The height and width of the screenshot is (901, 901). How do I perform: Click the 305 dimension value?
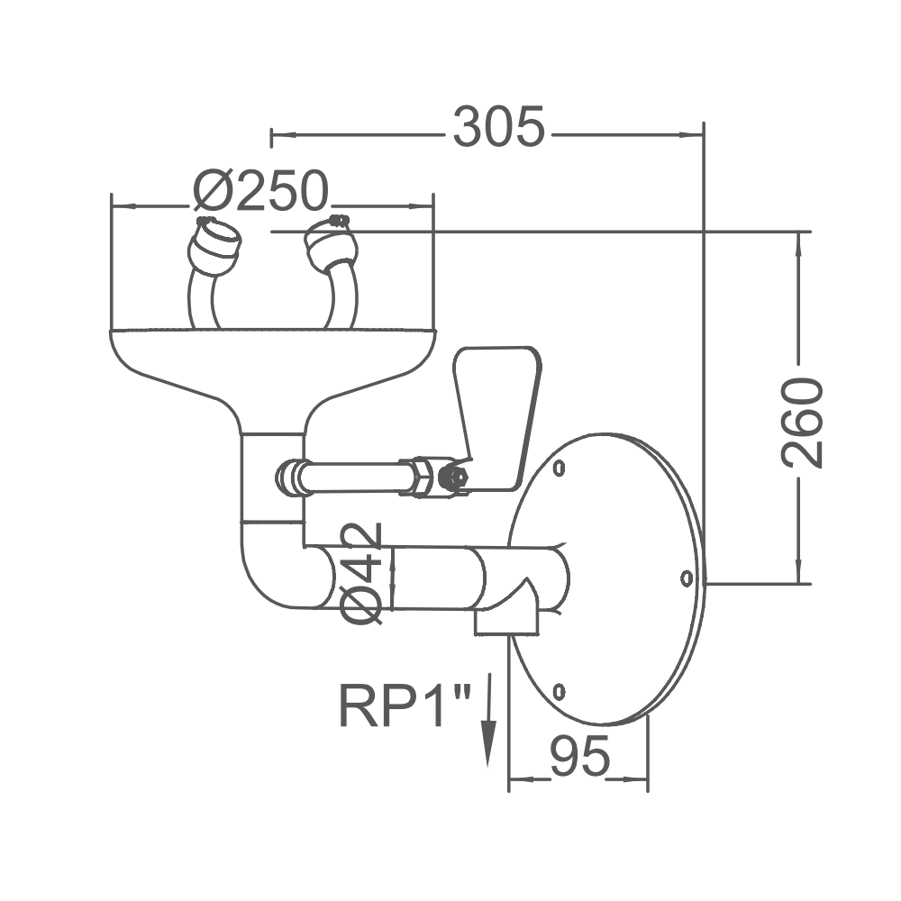coord(499,127)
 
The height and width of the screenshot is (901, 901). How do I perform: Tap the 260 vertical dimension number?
coord(803,423)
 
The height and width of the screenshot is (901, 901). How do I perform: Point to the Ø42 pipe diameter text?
coord(362,573)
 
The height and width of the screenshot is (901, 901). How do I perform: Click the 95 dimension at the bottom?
coord(578,757)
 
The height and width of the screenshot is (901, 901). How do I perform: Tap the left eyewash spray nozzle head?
coord(216,243)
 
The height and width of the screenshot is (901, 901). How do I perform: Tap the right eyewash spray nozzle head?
coord(329,244)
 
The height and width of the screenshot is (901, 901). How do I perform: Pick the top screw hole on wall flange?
coord(560,468)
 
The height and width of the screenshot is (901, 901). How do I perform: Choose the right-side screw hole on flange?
coord(686,575)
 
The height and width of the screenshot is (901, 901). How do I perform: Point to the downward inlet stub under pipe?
coord(506,620)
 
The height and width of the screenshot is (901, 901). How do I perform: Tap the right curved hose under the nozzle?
coord(343,297)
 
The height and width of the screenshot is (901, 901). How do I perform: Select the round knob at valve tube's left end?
coord(289,477)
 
